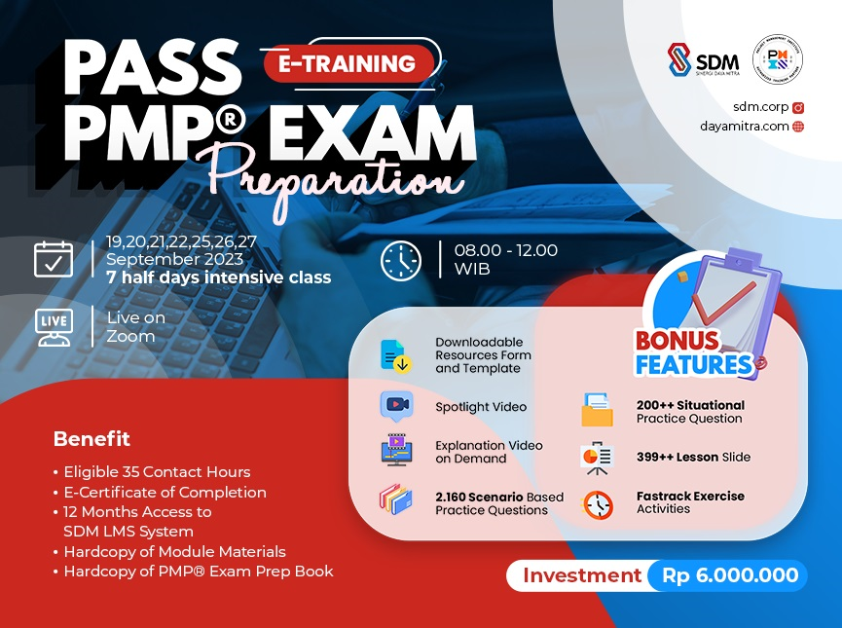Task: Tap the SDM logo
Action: tap(703, 62)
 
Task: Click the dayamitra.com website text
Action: tap(746, 126)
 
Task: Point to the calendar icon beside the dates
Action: tap(54, 259)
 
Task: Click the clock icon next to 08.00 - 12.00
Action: tap(400, 260)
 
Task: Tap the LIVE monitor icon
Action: tap(54, 327)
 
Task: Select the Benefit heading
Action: tap(92, 439)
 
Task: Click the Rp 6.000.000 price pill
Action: tap(730, 575)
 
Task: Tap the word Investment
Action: tap(582, 575)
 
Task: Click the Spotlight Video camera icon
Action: tap(396, 406)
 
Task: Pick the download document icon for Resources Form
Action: tap(394, 355)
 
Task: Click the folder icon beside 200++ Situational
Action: tap(598, 410)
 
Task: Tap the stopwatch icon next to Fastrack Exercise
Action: tap(598, 503)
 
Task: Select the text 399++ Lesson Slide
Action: tap(693, 457)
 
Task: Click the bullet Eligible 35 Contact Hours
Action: tap(157, 472)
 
